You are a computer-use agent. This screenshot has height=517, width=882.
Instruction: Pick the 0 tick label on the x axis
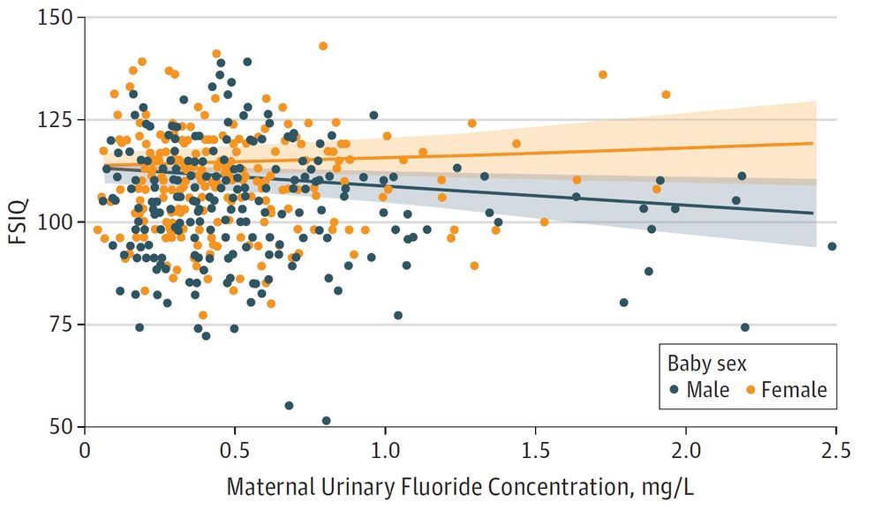click(x=85, y=450)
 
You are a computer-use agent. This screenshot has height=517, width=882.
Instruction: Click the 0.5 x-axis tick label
click(x=234, y=450)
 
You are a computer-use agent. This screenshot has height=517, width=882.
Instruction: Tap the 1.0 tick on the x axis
click(x=384, y=450)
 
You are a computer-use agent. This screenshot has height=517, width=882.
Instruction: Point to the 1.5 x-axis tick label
click(x=534, y=450)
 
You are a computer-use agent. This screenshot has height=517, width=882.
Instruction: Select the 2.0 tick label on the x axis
click(x=684, y=450)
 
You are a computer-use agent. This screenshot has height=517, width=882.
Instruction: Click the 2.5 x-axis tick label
click(x=834, y=450)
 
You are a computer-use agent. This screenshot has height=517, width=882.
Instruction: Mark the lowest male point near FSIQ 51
click(x=327, y=421)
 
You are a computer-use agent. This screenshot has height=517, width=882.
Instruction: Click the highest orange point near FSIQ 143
click(x=323, y=46)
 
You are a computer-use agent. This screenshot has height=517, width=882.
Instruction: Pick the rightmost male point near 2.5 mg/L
click(x=832, y=246)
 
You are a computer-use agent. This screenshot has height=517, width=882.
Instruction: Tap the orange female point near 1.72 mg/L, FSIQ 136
click(x=603, y=75)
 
